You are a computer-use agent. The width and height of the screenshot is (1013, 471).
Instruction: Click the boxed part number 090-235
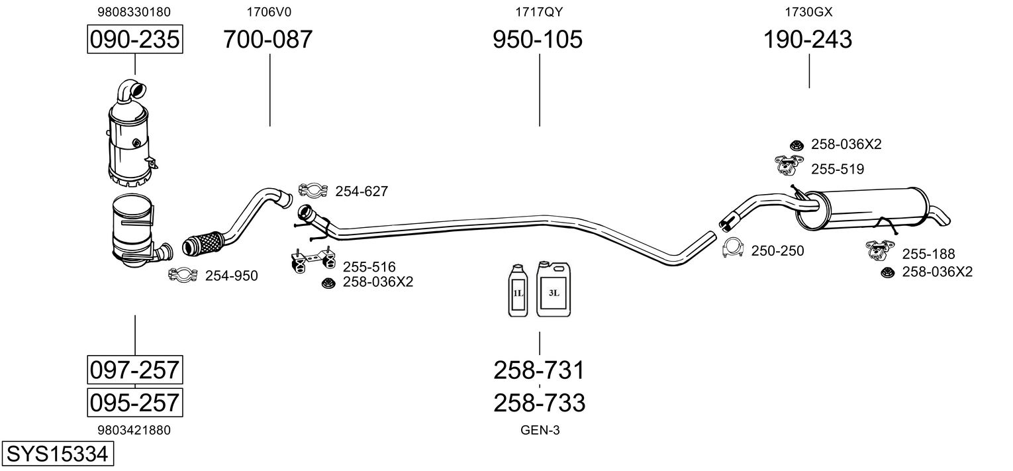134,40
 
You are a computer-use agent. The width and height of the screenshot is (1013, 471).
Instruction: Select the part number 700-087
267,40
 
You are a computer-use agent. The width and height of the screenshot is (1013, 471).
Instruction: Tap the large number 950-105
538,40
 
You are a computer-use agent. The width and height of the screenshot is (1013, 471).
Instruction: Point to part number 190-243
808,40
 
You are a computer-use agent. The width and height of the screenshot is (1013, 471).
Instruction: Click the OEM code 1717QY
538,11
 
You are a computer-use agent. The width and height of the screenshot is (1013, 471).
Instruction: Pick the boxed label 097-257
134,369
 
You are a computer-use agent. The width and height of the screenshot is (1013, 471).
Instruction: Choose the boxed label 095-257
134,401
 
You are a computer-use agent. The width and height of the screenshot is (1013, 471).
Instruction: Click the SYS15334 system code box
56,454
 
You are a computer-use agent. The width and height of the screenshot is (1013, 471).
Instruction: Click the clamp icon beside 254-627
313,191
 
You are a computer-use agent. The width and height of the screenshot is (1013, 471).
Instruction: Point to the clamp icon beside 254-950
183,275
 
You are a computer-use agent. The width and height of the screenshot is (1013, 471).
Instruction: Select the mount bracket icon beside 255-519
787,165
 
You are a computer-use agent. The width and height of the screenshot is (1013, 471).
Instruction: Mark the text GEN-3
540,430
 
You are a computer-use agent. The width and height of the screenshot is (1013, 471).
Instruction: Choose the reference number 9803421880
134,430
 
